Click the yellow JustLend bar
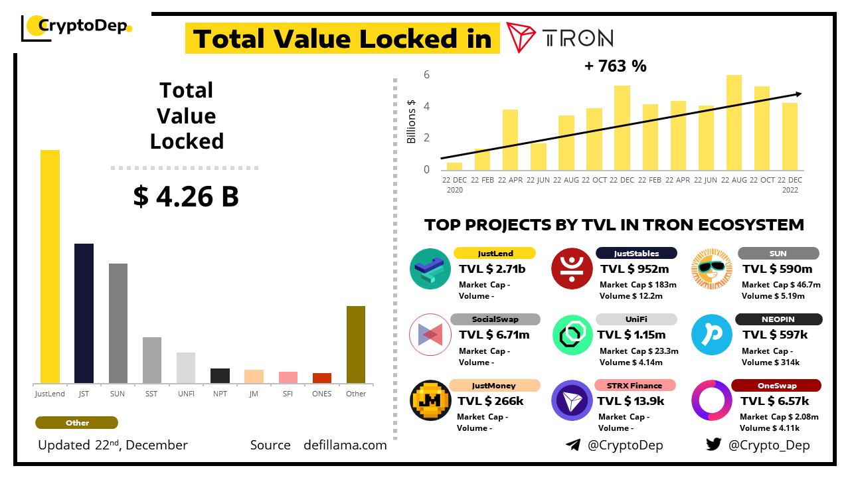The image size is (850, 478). click(x=50, y=266)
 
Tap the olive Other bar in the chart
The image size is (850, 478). click(x=356, y=345)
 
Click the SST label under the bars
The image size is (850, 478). click(x=151, y=394)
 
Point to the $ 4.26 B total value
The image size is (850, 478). click(x=186, y=197)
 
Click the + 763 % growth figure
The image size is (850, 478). click(x=615, y=66)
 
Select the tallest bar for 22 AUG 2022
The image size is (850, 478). click(x=734, y=122)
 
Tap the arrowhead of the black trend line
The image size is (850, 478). click(x=799, y=94)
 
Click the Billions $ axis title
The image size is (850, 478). click(x=412, y=121)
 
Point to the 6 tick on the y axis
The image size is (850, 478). click(x=426, y=74)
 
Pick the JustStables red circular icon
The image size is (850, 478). click(x=572, y=269)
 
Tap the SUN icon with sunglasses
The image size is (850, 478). click(x=712, y=269)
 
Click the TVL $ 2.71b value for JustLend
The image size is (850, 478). click(x=492, y=269)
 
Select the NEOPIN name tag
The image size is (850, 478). click(x=778, y=319)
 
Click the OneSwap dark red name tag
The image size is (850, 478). click(x=776, y=386)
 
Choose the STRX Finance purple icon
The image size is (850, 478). click(x=572, y=401)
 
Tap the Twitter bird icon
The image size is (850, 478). click(x=713, y=445)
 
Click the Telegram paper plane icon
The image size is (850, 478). click(x=573, y=445)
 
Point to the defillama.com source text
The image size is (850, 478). click(x=345, y=445)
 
